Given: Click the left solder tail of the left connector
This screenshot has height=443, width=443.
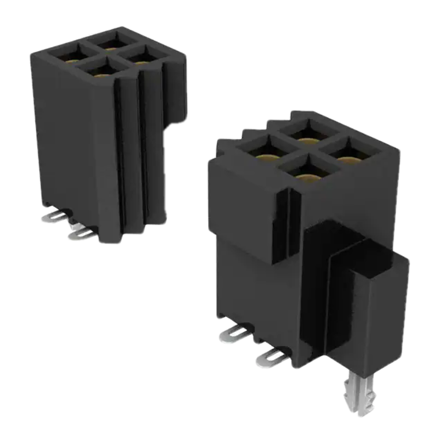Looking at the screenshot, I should pos(55,217).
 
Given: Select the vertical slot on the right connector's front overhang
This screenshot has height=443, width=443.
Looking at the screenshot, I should pos(289,221).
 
